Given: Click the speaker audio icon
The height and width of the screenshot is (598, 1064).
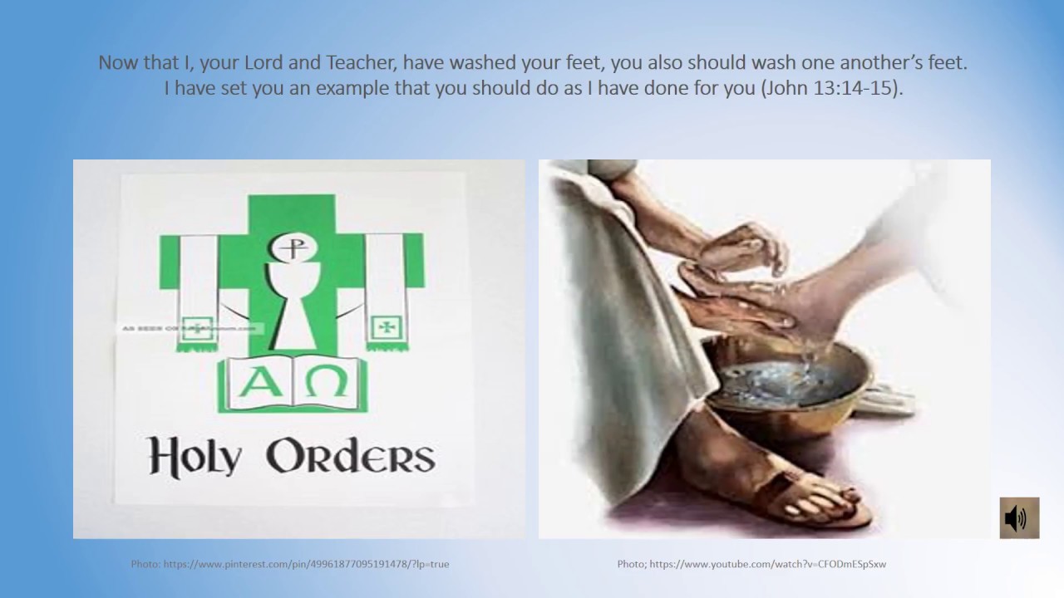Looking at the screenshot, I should (x=1018, y=518).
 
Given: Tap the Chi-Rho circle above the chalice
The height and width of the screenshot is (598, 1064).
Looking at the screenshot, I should (x=288, y=248).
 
